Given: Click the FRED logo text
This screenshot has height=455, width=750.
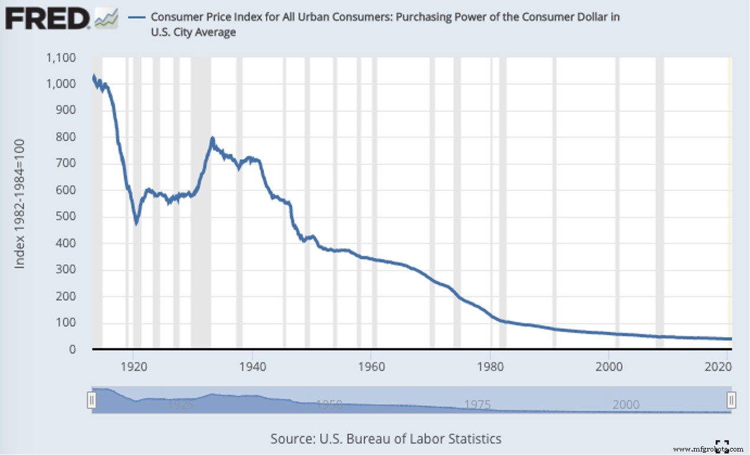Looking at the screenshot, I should [x=47, y=19].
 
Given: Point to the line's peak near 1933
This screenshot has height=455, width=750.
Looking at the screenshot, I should [x=212, y=139].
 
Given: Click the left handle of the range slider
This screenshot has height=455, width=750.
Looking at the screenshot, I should [x=91, y=401].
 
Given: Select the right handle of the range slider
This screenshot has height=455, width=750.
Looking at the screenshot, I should [x=731, y=401].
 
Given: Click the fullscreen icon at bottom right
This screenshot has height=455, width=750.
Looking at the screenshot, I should [x=722, y=445].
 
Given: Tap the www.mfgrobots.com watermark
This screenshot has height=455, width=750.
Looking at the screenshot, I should [x=709, y=449].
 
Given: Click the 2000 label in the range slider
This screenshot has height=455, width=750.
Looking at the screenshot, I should [x=626, y=405].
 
